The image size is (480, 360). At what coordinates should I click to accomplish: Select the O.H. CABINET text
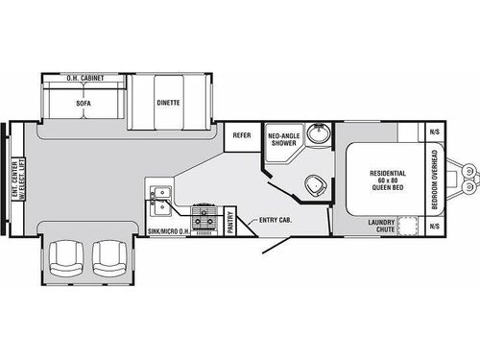85,76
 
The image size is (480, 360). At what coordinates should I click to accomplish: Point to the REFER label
242,136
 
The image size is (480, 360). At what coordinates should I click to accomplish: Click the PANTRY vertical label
231,222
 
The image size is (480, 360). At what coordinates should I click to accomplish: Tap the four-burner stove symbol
204,218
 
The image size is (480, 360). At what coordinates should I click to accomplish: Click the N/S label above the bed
434,132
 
